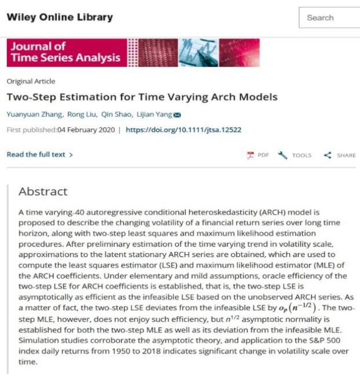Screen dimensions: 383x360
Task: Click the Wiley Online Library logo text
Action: click(x=59, y=17)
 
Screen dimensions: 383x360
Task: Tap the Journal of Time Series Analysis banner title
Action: click(x=65, y=52)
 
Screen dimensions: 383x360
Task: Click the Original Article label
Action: click(x=31, y=81)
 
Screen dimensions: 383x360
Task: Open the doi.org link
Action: click(x=183, y=129)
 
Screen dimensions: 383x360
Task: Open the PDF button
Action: click(x=259, y=156)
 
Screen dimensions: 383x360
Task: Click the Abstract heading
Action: click(x=43, y=191)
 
